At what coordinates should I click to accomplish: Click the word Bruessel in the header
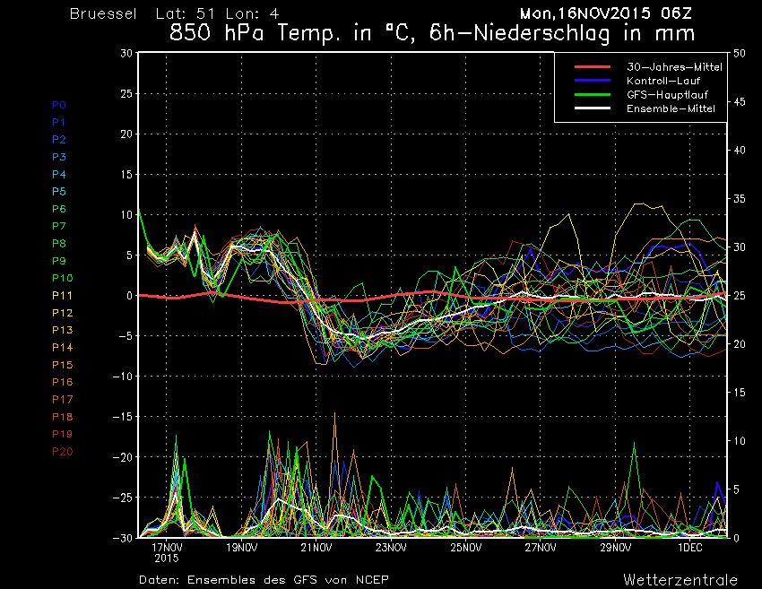click(103, 14)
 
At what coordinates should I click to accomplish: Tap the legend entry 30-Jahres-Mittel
click(662, 67)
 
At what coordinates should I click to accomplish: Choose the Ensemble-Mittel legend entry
click(662, 108)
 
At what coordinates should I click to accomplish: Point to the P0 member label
click(59, 105)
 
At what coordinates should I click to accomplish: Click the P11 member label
click(62, 295)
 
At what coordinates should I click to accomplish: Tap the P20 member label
click(62, 451)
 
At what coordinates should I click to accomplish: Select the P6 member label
click(59, 208)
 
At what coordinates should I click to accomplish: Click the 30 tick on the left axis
click(126, 53)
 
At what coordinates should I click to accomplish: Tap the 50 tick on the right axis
click(740, 53)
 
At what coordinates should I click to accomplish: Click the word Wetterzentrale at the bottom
click(681, 579)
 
